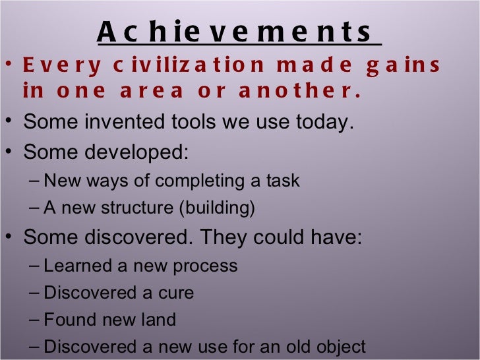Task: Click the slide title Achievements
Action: pyautogui.click(x=239, y=32)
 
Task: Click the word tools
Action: pyautogui.click(x=179, y=122)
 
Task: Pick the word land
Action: pyautogui.click(x=160, y=320)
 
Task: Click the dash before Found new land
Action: pyautogui.click(x=36, y=320)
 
